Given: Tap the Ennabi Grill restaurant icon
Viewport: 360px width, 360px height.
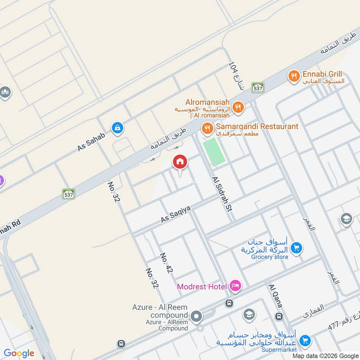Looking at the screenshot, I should [294, 76].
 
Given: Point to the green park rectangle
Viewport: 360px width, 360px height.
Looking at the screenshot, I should [214, 152].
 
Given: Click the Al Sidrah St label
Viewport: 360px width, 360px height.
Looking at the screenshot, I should [221, 192].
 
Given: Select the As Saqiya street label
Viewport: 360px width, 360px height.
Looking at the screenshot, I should [176, 213].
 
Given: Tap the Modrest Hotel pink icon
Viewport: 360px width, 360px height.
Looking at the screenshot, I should [235, 285].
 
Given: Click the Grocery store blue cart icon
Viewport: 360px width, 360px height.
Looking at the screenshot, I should [296, 247].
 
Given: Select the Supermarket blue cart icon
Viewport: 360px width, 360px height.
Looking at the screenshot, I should [305, 341].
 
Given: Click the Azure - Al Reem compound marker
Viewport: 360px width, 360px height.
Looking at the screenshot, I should [196, 316].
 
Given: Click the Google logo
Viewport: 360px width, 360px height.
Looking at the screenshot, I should [19, 353].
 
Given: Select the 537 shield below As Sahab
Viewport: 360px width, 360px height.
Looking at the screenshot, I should [68, 193].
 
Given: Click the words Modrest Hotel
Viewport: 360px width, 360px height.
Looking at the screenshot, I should [202, 286].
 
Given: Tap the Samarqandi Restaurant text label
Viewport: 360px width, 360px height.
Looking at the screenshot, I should [257, 126].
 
